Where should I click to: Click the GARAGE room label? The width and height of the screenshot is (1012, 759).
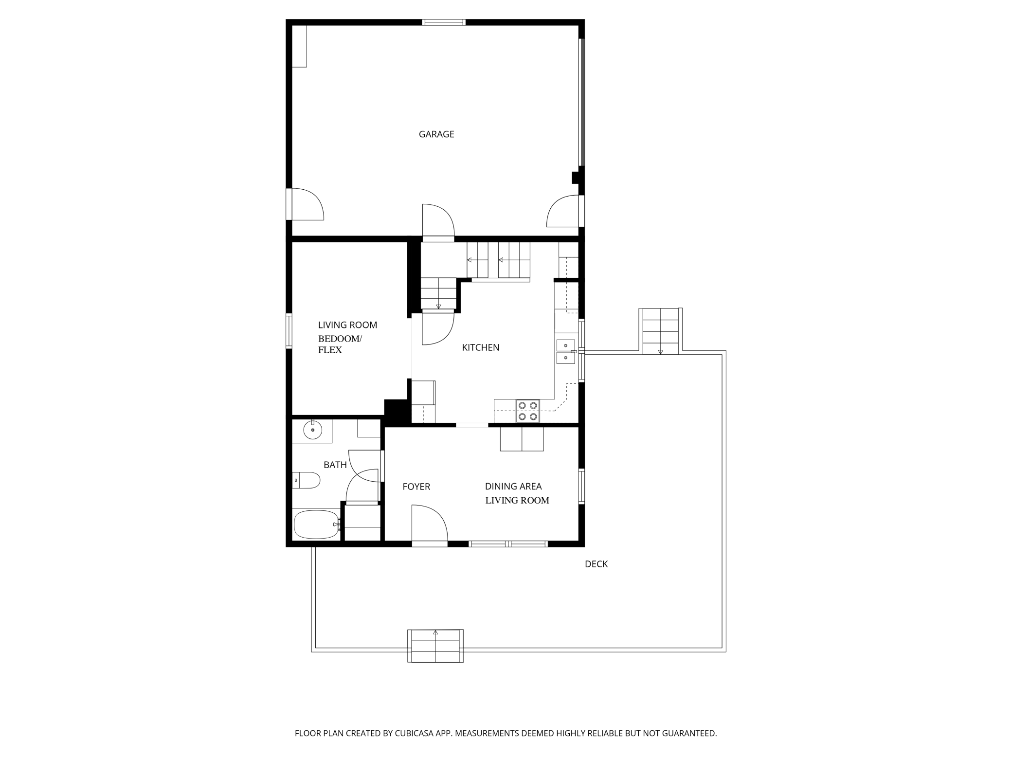coord(436,134)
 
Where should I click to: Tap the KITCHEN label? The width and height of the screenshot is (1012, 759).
coord(481,347)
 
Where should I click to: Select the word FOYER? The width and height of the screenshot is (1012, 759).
coord(416,487)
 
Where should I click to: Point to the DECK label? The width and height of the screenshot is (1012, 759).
coord(596,564)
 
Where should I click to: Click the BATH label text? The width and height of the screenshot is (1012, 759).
coord(335,465)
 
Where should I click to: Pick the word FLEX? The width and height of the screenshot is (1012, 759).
coord(330,350)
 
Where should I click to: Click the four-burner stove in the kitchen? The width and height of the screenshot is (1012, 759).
coord(528,411)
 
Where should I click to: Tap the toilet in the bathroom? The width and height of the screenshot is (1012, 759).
coord(306,480)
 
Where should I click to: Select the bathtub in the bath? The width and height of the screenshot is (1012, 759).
coord(317,524)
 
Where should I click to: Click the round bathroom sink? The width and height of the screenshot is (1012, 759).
coord(313,430)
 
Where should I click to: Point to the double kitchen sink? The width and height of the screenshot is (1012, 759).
coord(565,352)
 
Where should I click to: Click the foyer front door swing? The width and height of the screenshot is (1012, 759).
coord(430,523)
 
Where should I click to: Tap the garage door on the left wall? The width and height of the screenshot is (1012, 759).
coord(305,204)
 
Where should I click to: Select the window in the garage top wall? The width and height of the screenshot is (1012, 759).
coord(444,22)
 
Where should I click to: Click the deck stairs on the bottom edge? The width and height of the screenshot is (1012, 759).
coord(435,646)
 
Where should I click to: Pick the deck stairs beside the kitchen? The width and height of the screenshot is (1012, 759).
coord(661,331)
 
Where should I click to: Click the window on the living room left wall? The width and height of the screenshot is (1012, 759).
coord(289,331)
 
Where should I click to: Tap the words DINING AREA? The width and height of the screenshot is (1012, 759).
coord(513,487)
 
